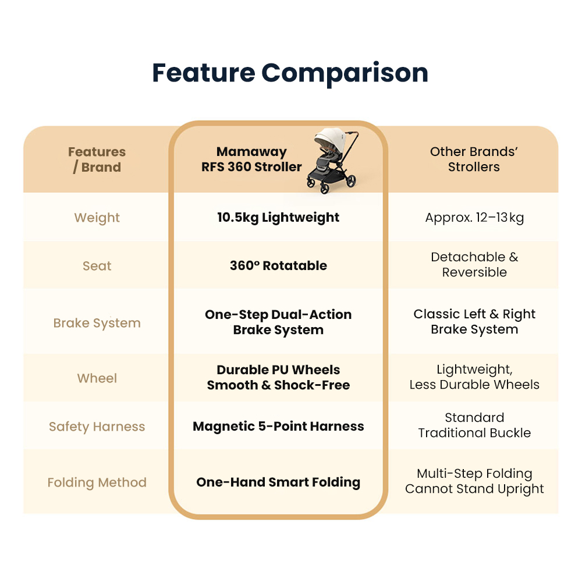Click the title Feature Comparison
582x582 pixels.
[290, 73]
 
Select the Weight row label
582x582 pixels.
[97, 218]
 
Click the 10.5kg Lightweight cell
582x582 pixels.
[278, 218]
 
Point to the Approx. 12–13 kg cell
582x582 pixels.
[474, 218]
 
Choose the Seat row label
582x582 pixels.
[97, 266]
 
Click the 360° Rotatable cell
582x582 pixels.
[278, 266]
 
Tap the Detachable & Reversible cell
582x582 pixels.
[474, 265]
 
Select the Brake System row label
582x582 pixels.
[97, 323]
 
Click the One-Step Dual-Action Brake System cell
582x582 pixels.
[278, 322]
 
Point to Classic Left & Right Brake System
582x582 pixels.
[474, 322]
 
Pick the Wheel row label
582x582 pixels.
[97, 378]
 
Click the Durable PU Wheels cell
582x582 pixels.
[278, 377]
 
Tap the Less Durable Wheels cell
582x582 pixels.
[474, 377]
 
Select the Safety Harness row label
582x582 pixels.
[97, 427]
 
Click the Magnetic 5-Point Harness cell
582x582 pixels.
[278, 427]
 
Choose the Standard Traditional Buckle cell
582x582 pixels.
[474, 425]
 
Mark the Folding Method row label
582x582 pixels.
[97, 482]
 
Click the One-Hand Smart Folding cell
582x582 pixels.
[278, 482]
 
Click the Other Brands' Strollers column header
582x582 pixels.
[474, 159]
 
